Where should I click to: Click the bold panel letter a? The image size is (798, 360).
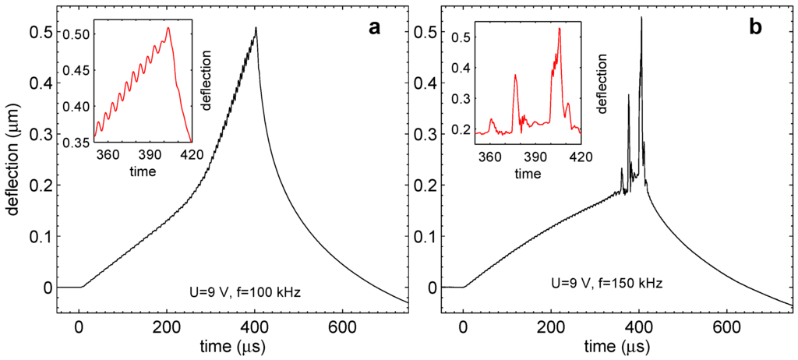point(375,29)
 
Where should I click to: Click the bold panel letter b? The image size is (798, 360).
point(756,29)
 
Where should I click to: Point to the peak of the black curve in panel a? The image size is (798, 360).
point(256,28)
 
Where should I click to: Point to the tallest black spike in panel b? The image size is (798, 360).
point(641,17)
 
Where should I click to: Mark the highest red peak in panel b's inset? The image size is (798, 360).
point(560,29)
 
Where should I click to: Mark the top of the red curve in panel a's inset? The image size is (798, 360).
point(168,29)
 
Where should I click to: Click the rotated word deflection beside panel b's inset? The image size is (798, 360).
point(602,80)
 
